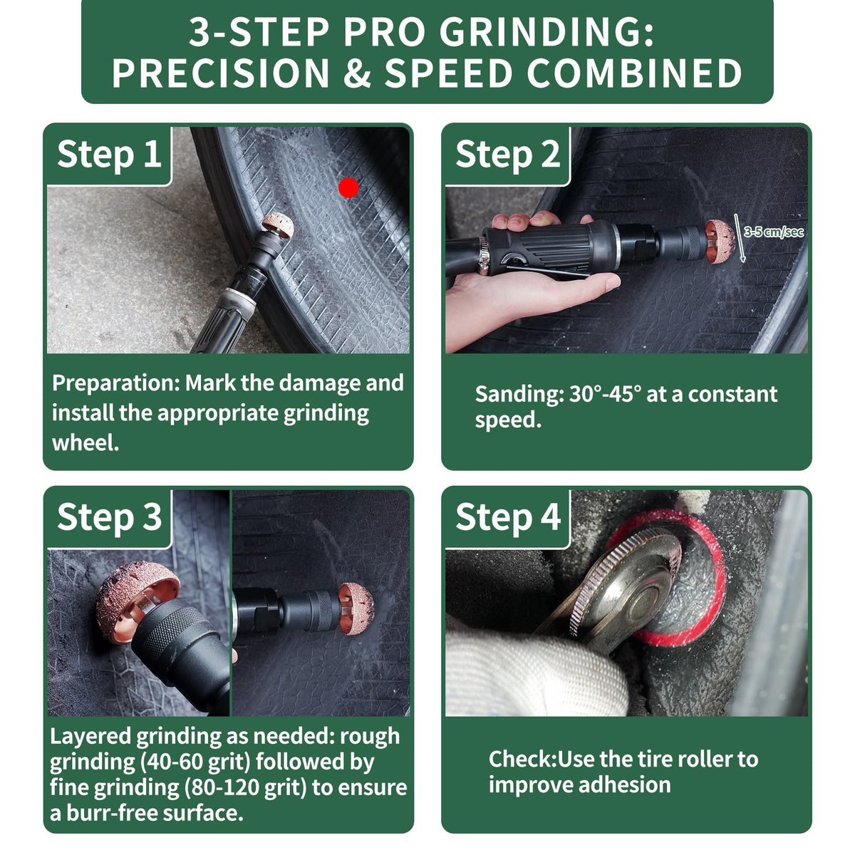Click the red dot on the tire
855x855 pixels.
348,188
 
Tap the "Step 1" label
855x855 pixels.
109,155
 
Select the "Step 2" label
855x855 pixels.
507,155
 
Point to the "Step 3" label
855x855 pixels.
109,517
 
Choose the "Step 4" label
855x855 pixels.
508,517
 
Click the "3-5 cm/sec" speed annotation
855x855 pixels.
774,232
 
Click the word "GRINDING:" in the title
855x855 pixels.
546,32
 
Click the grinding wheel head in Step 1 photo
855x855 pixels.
278,225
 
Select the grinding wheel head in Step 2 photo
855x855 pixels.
720,242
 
